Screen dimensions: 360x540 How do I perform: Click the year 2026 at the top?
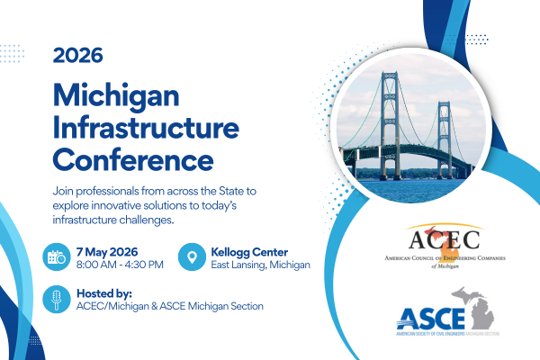click(78, 54)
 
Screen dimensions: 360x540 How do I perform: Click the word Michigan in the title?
click(116, 94)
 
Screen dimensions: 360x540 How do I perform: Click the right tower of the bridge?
click(444, 135)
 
